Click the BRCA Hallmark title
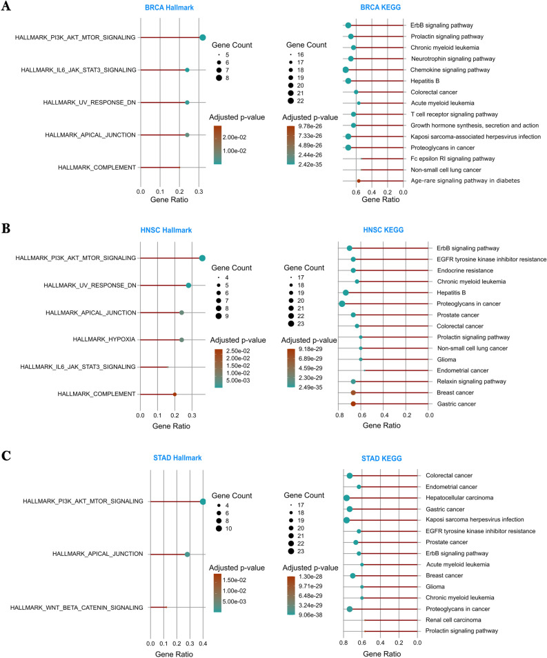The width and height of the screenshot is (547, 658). [170, 7]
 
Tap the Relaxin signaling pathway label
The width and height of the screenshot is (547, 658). [466, 381]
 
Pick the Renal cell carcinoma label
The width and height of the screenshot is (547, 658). [456, 620]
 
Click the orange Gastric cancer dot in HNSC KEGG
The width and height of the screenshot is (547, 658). [353, 403]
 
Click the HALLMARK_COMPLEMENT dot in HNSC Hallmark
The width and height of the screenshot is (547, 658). [175, 395]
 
